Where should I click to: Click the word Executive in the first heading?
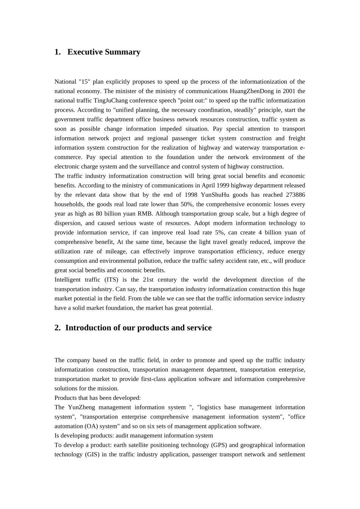point(85,52)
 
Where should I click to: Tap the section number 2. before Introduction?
point(58,328)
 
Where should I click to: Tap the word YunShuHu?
point(215,195)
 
